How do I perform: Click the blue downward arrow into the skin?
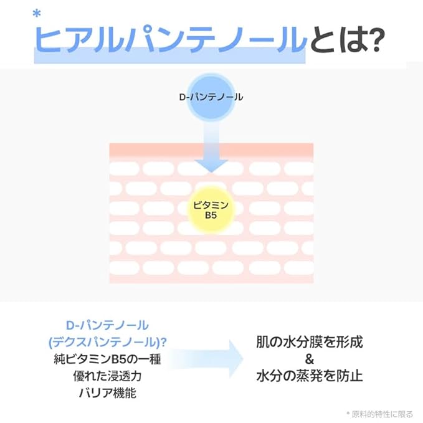[211, 150]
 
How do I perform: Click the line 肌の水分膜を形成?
[309, 343]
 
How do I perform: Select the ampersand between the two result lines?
[309, 359]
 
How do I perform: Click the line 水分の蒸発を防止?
[309, 376]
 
